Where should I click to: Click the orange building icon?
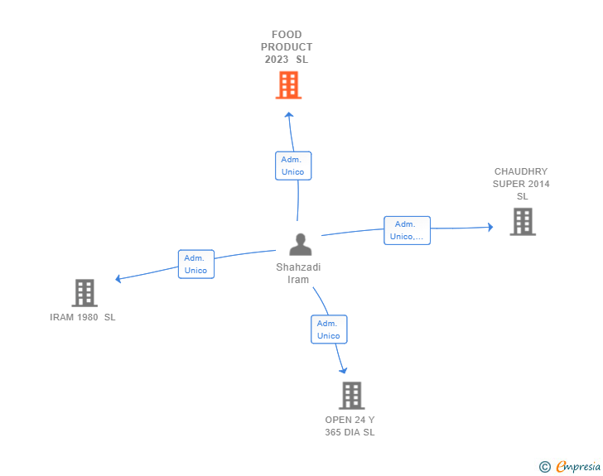click(288, 85)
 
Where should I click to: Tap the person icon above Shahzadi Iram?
click(301, 244)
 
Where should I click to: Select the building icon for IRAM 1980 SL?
click(84, 292)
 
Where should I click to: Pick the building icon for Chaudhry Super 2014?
click(523, 222)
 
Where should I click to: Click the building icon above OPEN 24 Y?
click(351, 395)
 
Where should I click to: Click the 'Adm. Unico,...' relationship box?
click(407, 230)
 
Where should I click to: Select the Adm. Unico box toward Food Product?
click(293, 166)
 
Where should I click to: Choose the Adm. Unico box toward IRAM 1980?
click(196, 264)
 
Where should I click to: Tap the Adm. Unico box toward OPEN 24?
click(329, 329)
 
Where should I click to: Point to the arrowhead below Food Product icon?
click(289, 114)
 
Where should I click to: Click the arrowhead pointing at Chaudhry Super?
click(490, 227)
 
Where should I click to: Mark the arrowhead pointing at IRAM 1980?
click(118, 279)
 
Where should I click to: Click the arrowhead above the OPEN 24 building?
click(343, 370)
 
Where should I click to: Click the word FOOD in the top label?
click(287, 35)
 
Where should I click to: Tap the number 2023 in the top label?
click(277, 60)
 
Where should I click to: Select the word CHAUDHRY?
click(521, 171)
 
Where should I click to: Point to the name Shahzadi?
click(298, 267)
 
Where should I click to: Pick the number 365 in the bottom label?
click(333, 432)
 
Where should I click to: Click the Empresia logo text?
click(578, 466)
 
